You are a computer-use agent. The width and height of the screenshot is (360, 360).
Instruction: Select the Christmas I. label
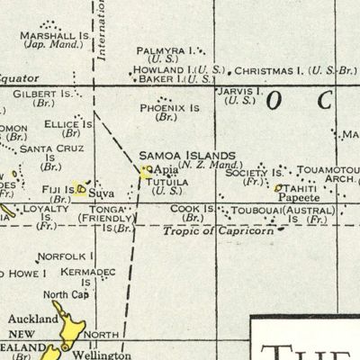tap(269, 69)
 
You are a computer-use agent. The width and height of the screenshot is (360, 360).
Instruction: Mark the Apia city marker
tap(148, 168)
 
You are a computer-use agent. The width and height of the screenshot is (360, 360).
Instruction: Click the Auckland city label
tap(26, 318)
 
